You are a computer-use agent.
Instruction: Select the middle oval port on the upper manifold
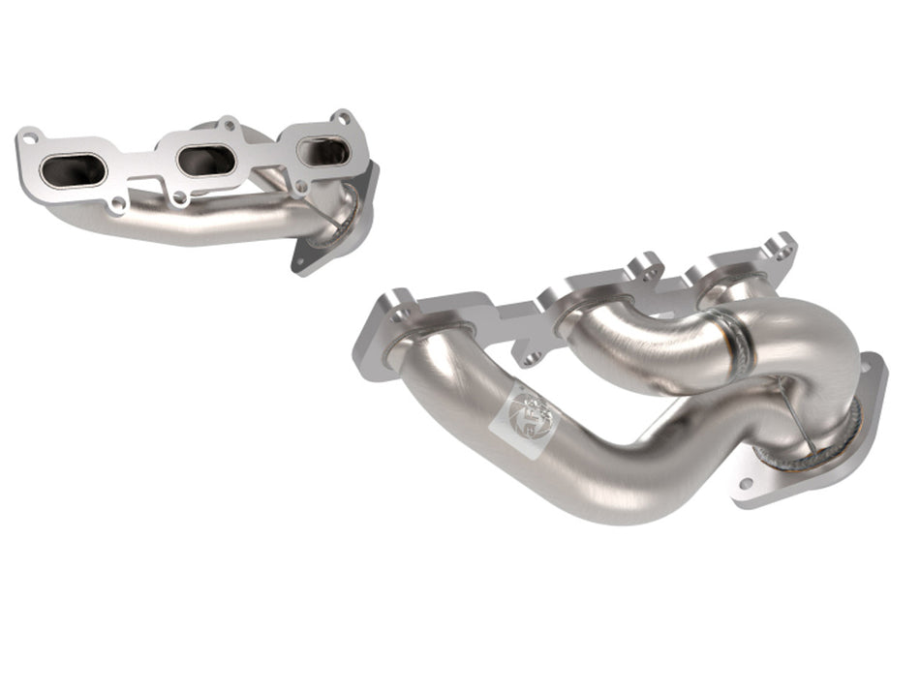tap(205, 160)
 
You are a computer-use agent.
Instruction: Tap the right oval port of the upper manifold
tap(323, 151)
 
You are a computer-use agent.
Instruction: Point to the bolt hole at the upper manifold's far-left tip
tap(30, 135)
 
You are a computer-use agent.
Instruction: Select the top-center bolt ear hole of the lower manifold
tap(641, 262)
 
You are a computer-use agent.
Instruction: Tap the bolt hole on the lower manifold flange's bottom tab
tap(531, 359)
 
